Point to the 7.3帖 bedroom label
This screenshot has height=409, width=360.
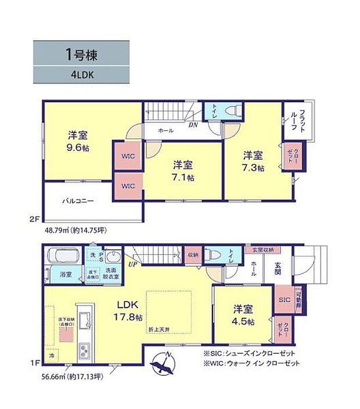pos(253,161)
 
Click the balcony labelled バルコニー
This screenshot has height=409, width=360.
pos(78,202)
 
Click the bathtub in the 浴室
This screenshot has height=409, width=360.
pos(64,256)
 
